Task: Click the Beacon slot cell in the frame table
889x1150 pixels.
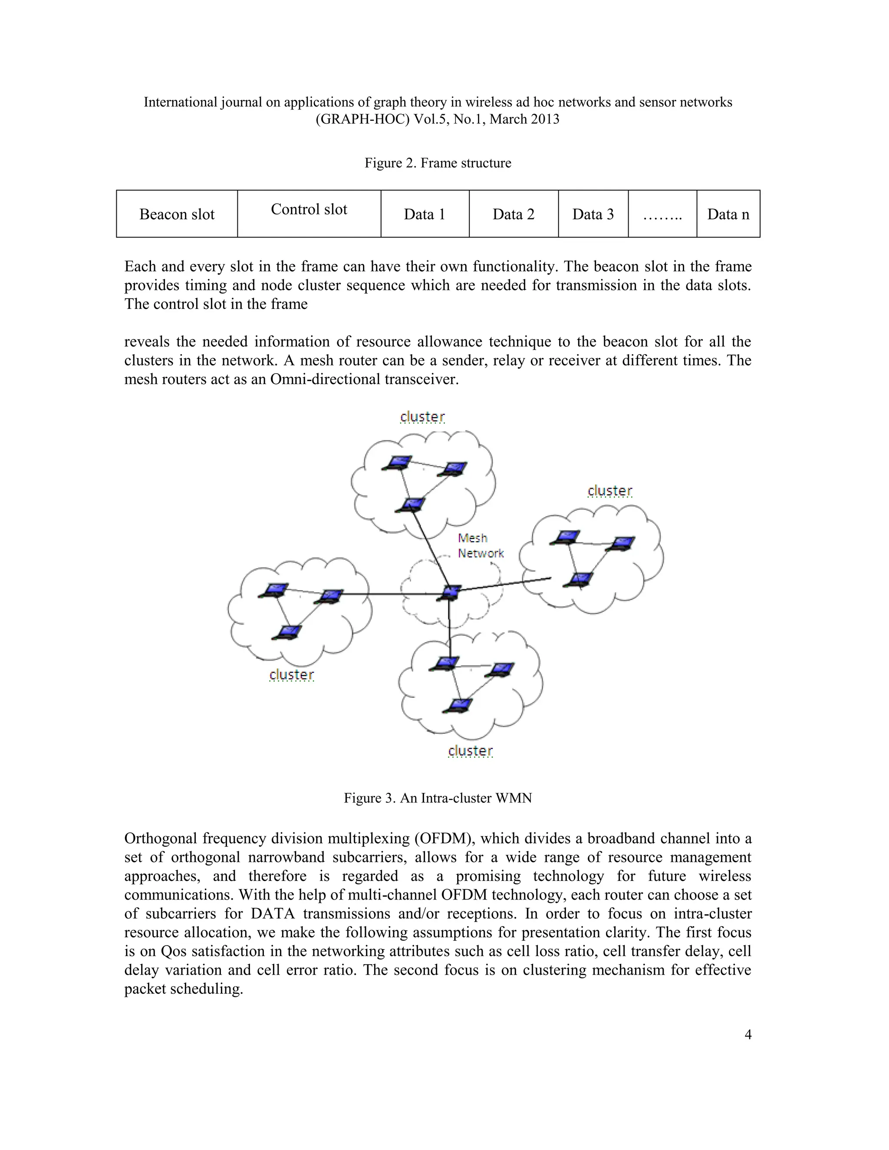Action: click(x=177, y=214)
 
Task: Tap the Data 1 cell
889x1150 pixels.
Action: click(x=425, y=214)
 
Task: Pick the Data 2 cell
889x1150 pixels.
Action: click(x=514, y=214)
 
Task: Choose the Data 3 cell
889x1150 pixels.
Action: click(x=593, y=214)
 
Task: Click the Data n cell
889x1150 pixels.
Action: click(x=728, y=214)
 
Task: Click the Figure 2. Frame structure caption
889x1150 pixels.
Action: click(x=438, y=163)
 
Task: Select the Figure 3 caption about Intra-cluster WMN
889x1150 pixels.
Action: click(x=438, y=798)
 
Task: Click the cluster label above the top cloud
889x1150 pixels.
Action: click(x=422, y=417)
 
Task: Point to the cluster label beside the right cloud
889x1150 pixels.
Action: click(x=609, y=491)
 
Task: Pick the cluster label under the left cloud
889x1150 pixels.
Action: click(x=291, y=674)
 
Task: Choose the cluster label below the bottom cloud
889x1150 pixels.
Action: click(x=470, y=750)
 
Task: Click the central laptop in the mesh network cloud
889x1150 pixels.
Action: click(x=450, y=592)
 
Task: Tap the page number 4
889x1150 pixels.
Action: click(x=748, y=1035)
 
